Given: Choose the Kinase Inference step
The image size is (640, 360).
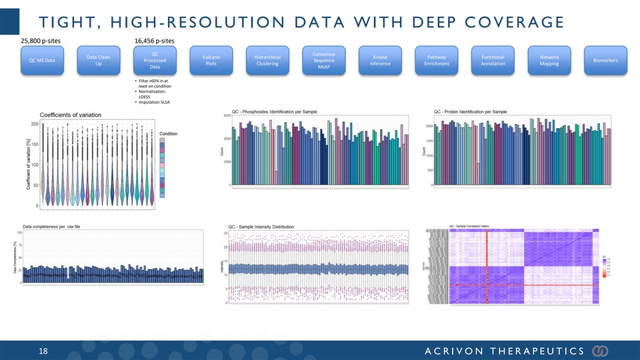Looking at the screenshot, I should (380, 61).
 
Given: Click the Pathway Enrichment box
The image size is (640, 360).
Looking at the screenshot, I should (436, 61).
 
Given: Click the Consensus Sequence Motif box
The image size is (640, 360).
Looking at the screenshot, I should (323, 61).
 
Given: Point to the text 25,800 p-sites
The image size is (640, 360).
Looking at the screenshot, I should (44, 40).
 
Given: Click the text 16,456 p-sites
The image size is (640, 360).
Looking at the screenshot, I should (156, 40).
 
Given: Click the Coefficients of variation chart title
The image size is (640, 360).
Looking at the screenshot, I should (71, 115).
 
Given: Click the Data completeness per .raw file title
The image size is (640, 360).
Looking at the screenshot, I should (61, 226).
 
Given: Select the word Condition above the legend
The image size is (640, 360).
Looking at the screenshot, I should (168, 133).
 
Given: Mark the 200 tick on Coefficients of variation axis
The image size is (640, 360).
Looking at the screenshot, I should (33, 124).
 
